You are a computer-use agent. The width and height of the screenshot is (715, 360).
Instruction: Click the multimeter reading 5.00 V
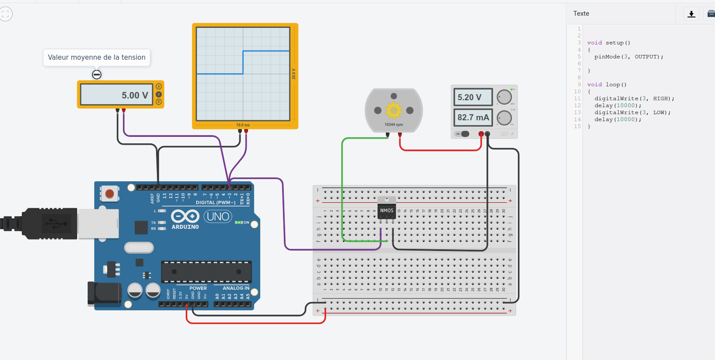click(x=117, y=95)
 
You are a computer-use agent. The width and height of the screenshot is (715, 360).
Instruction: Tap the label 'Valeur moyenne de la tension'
click(x=96, y=58)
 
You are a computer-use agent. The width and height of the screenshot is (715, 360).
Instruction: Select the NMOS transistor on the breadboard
click(x=387, y=211)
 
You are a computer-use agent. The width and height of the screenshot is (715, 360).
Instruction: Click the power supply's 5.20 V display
click(x=473, y=97)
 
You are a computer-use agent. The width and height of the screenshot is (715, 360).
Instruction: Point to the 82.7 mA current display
click(x=473, y=117)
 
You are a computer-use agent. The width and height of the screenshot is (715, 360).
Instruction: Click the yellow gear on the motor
click(x=394, y=110)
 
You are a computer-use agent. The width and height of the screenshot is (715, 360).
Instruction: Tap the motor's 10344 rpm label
click(x=394, y=125)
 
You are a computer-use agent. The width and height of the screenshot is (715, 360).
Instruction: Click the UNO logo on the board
click(x=218, y=217)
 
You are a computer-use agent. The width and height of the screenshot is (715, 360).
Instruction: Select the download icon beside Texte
click(x=691, y=14)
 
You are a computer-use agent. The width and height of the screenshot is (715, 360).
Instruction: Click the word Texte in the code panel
click(x=581, y=14)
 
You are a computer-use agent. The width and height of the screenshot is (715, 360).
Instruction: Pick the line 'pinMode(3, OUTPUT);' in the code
click(x=629, y=57)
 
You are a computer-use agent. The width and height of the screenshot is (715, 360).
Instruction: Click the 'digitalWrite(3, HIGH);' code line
click(x=634, y=98)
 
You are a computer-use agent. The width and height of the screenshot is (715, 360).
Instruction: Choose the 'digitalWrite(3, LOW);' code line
click(x=632, y=112)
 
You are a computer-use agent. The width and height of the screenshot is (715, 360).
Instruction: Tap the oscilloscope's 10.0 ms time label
click(x=243, y=125)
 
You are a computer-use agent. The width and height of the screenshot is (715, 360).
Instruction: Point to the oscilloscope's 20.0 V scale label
click(x=294, y=74)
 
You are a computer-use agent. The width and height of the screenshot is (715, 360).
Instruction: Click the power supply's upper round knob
click(x=504, y=97)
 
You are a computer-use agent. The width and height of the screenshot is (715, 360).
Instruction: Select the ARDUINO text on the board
click(x=185, y=227)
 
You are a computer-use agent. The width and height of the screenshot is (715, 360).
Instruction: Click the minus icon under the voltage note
click(x=97, y=75)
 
